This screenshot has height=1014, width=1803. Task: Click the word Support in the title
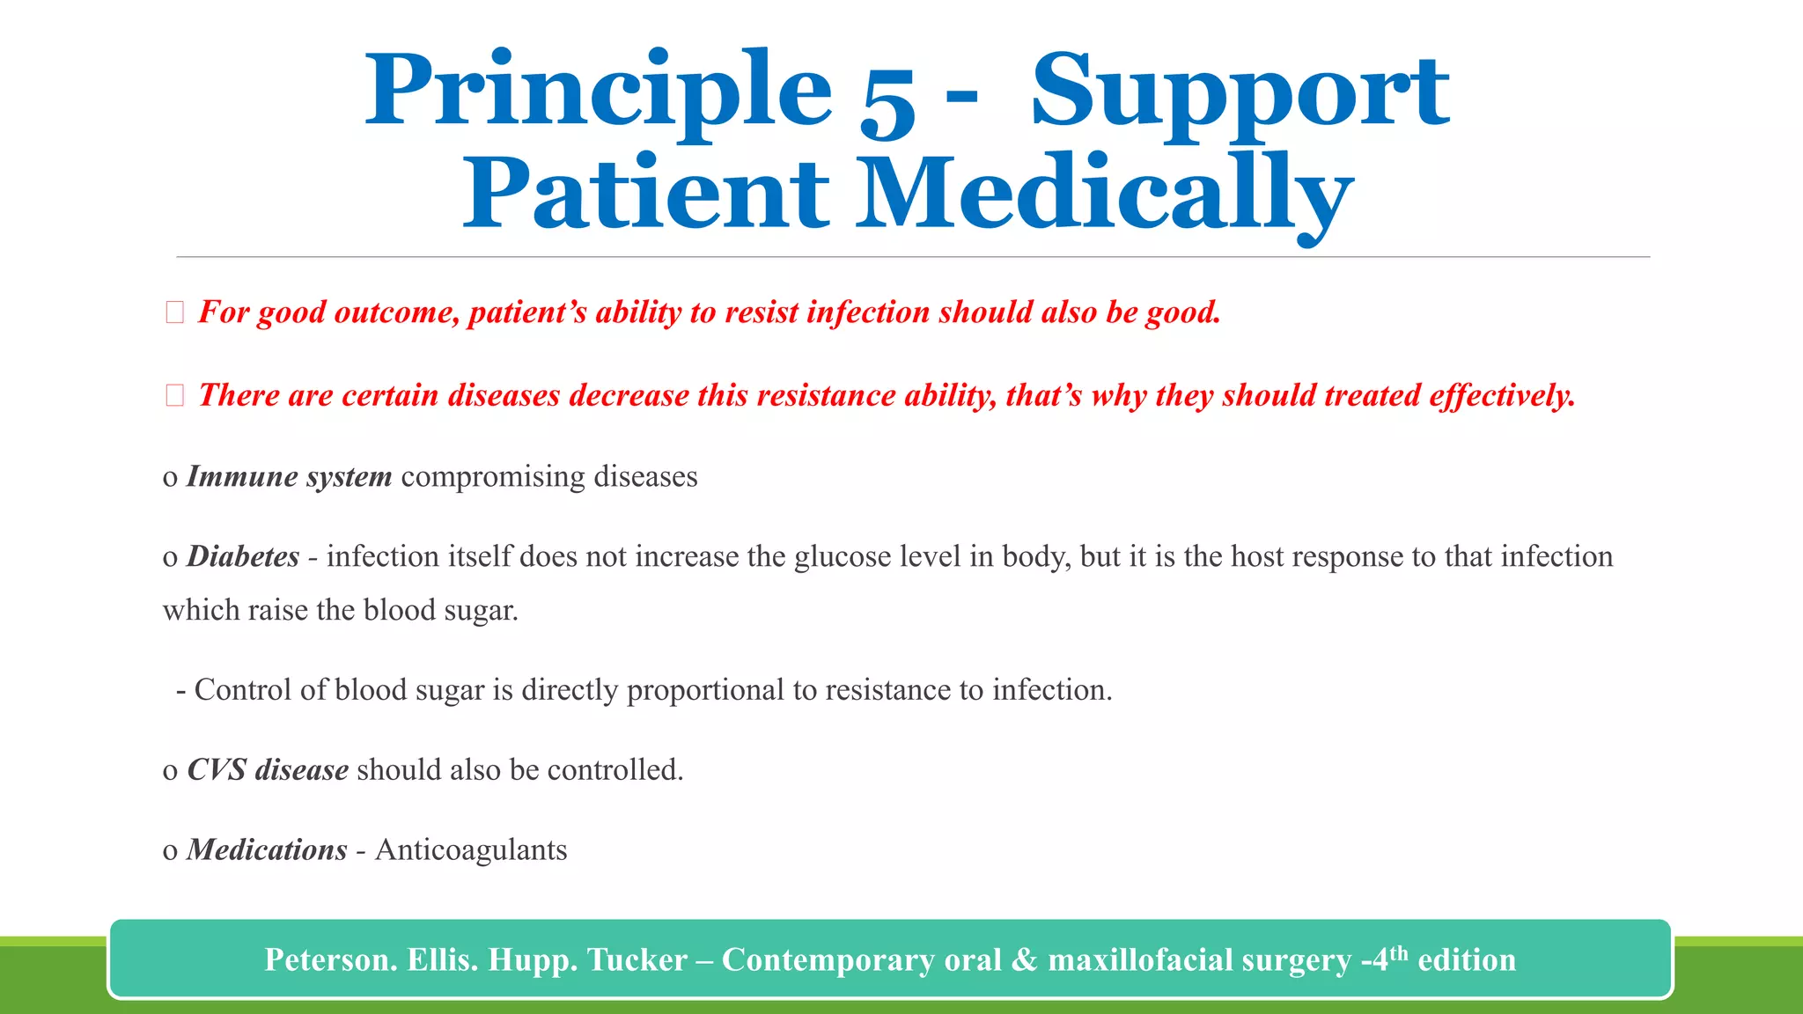[1240, 92]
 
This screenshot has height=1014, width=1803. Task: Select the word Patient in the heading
[646, 194]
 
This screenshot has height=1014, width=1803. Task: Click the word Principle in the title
[599, 92]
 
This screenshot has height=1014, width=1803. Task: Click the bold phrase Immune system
[289, 476]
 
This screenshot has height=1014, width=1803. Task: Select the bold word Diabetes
[243, 556]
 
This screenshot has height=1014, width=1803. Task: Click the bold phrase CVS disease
[268, 769]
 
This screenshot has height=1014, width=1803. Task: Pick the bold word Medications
[267, 849]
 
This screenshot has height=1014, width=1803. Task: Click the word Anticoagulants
[471, 849]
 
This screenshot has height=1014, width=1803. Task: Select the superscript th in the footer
[1398, 952]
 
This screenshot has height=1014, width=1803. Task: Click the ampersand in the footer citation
[1024, 959]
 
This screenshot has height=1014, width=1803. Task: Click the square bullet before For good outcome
[174, 312]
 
